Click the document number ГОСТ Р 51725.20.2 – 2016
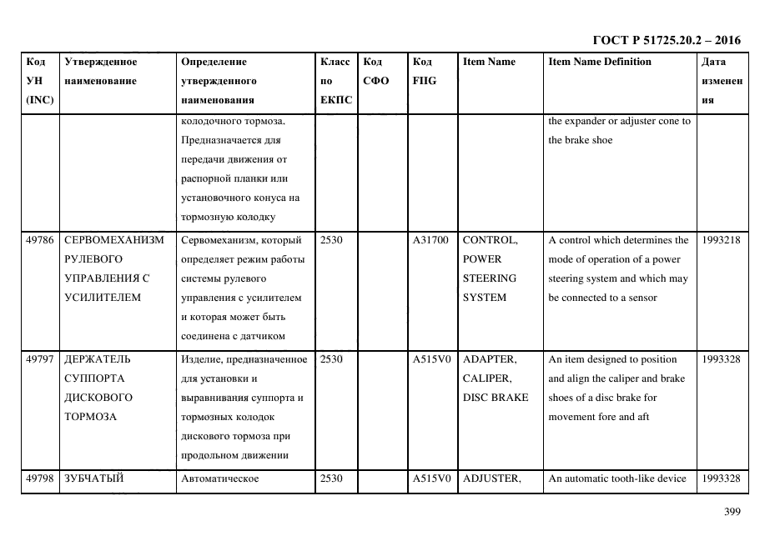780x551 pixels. click(x=666, y=39)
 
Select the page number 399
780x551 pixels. click(x=732, y=512)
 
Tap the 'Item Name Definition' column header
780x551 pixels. click(x=600, y=62)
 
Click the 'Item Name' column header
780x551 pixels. click(x=489, y=62)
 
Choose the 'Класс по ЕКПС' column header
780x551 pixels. click(x=336, y=81)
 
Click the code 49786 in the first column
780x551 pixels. click(x=40, y=240)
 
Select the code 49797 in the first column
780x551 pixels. click(x=40, y=359)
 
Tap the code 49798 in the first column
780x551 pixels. click(x=40, y=478)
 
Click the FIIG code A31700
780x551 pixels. click(x=430, y=240)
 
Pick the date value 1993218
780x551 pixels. click(x=721, y=240)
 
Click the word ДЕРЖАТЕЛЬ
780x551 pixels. click(x=97, y=359)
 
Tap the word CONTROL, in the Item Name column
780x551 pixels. click(x=490, y=240)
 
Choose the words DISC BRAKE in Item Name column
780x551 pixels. click(x=495, y=398)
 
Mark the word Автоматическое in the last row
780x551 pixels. click(x=220, y=478)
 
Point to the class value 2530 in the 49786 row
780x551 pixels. click(x=332, y=240)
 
